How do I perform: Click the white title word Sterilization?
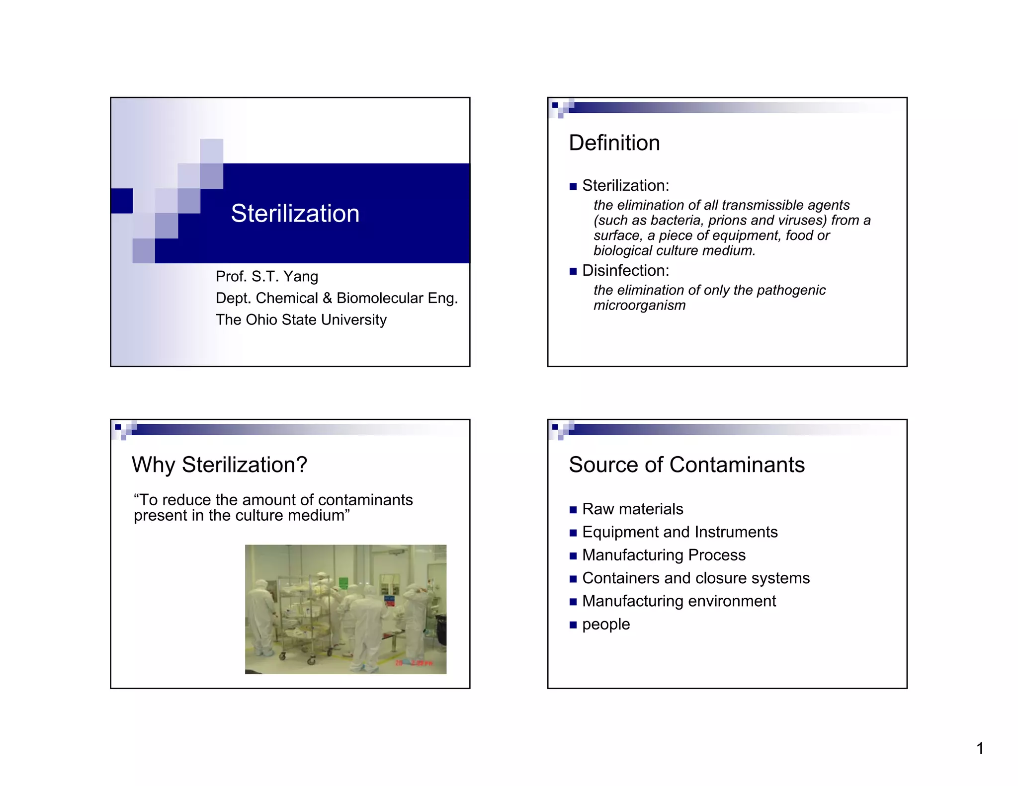pos(295,214)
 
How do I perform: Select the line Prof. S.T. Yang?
pos(266,276)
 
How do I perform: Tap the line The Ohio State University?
pos(301,319)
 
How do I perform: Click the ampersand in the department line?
pos(327,298)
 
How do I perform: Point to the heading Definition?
pos(614,143)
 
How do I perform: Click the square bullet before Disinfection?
pos(573,271)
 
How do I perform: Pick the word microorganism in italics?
pos(639,305)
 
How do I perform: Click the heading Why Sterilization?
pos(219,465)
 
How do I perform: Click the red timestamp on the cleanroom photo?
pos(414,663)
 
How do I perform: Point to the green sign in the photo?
pos(343,582)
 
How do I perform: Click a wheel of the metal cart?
pos(312,661)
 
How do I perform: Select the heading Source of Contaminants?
pos(686,465)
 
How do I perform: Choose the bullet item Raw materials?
pos(632,509)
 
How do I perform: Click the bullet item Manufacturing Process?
pos(664,555)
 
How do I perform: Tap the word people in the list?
pos(605,624)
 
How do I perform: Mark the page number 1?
pos(980,748)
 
